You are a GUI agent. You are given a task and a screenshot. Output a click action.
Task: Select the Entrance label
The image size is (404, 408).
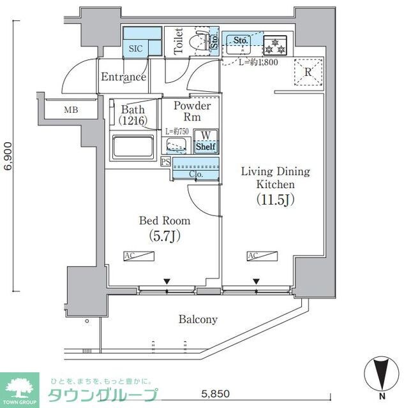point(123,77)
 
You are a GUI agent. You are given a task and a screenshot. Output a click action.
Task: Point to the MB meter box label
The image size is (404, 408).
point(71,110)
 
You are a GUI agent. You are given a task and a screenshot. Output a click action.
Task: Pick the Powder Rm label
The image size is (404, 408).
point(191,112)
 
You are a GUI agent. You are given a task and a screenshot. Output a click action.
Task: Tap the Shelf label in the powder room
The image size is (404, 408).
point(206,147)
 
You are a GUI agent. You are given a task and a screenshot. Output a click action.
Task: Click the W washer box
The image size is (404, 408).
point(206,135)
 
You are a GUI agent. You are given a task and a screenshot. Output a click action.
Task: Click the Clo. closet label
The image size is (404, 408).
point(196,174)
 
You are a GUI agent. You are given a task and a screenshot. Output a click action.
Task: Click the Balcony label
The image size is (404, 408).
point(198,319)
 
